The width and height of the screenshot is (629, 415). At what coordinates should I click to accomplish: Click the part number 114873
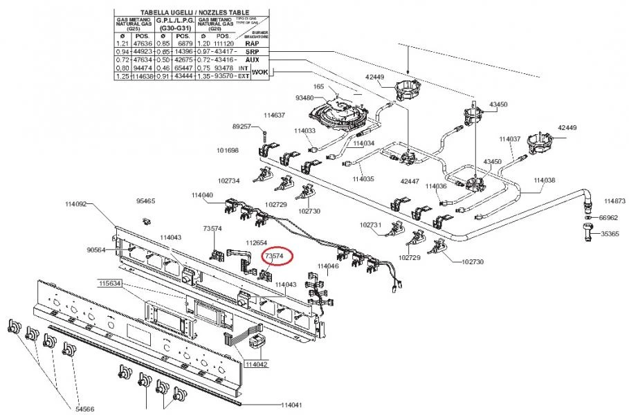(x=615, y=201)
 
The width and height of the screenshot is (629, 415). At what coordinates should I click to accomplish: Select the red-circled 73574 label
(x=275, y=256)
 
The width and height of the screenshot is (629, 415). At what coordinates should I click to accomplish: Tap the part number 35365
(x=610, y=234)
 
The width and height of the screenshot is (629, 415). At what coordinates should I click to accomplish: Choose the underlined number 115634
(x=110, y=284)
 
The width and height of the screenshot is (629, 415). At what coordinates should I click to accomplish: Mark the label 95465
(x=145, y=201)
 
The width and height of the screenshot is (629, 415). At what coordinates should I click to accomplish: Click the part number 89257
(x=242, y=127)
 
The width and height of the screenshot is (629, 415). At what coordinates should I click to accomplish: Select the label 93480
(x=304, y=98)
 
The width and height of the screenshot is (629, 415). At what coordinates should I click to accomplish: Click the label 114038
(x=544, y=180)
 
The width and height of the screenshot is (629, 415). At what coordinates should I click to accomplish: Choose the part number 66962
(x=608, y=217)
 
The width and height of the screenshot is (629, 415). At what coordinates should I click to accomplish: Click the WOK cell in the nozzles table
(x=259, y=72)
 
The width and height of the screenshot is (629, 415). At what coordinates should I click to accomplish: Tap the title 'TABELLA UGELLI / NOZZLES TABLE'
(x=185, y=12)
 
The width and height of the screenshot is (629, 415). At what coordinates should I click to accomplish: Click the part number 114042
(x=256, y=364)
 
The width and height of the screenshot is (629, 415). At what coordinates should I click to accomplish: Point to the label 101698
(x=228, y=150)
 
